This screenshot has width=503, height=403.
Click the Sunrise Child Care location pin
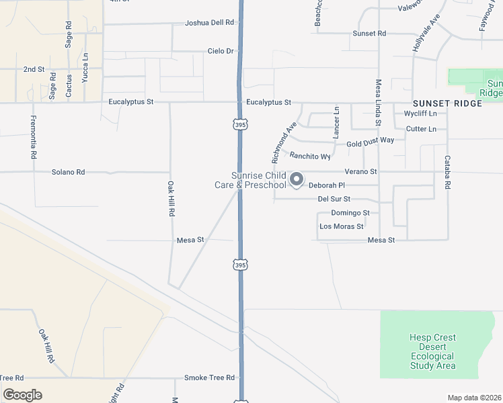coord(297,180)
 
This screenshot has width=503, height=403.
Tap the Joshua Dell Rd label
coord(209,23)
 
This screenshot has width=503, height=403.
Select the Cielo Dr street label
coord(221,51)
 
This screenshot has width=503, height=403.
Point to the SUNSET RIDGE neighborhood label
coord(447,103)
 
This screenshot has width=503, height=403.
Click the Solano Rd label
coord(68,172)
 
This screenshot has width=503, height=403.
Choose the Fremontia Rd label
coord(33,137)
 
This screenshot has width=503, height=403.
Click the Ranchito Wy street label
coord(310,156)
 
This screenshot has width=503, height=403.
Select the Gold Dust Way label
coord(370,142)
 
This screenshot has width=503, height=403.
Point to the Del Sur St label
coord(334,199)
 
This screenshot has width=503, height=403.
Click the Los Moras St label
coord(341,226)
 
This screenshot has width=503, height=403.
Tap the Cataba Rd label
coord(447,173)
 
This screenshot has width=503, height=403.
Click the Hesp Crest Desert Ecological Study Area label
coord(432,352)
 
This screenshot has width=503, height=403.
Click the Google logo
coord(22,395)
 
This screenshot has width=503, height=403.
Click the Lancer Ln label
coord(336,123)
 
